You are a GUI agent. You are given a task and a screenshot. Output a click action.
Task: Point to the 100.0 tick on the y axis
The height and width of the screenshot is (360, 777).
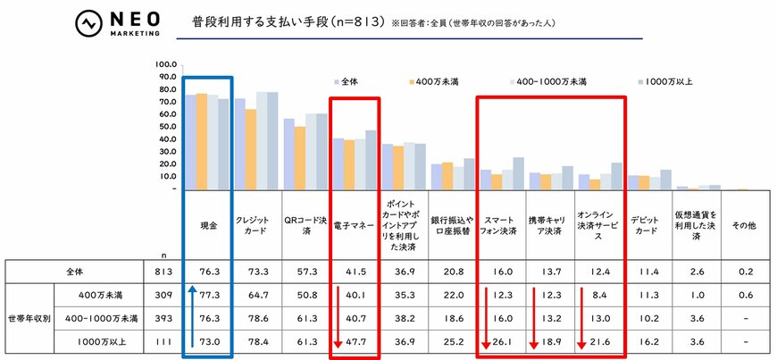point(166,64)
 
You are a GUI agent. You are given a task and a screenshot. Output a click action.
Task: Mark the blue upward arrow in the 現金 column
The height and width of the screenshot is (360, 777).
point(190,318)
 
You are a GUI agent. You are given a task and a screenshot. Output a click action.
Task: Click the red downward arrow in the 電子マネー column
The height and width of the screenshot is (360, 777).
point(338,318)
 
